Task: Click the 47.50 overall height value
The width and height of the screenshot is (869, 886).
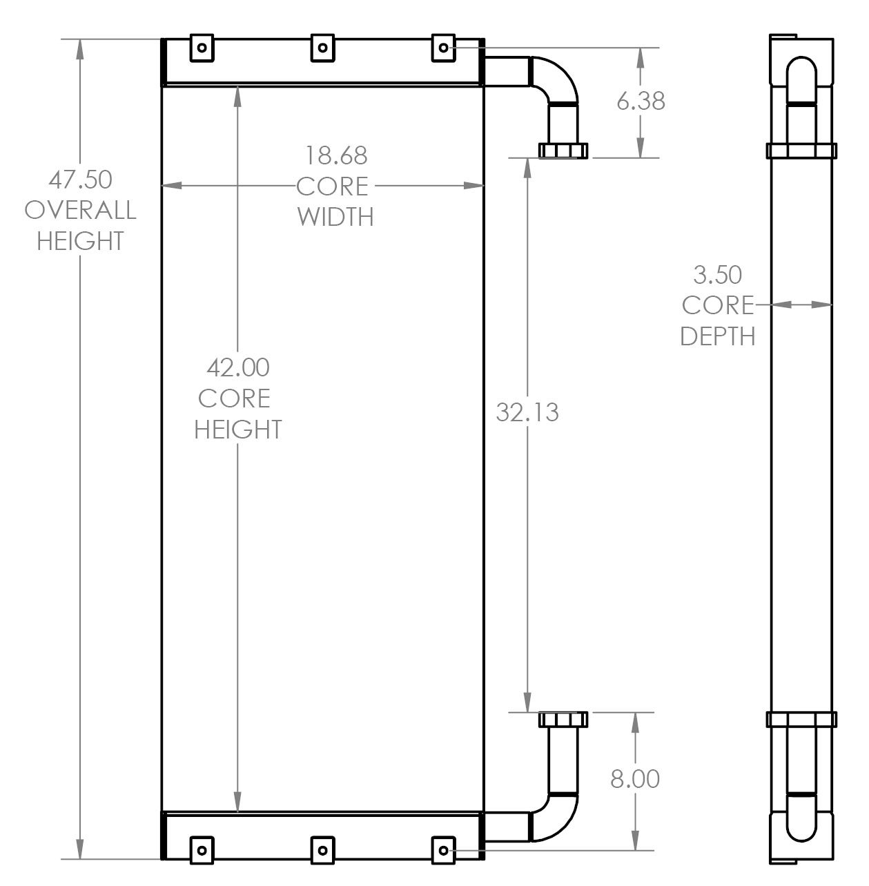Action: (80, 180)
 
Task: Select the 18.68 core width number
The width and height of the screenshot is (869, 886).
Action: (336, 155)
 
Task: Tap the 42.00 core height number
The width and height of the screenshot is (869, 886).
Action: (238, 367)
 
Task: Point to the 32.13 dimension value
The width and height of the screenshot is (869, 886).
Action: (527, 412)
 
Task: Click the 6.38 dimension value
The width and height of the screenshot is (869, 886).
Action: (641, 102)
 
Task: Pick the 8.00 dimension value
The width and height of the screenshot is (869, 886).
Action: (635, 779)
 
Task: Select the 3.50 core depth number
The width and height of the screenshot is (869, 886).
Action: (717, 275)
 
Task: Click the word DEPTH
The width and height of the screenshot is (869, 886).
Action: (717, 336)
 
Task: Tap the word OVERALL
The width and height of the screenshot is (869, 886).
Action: (80, 210)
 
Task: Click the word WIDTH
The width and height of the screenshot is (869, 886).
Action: (336, 217)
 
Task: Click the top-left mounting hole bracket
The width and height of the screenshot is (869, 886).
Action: (202, 48)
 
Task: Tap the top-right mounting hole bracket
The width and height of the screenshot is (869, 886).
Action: (442, 48)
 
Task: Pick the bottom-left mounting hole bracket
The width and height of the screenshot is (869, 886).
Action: (202, 849)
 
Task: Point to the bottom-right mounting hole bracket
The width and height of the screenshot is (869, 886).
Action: (442, 849)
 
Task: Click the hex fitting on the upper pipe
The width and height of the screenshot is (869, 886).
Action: (563, 150)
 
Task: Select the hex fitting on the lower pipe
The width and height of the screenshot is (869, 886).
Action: (563, 720)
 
